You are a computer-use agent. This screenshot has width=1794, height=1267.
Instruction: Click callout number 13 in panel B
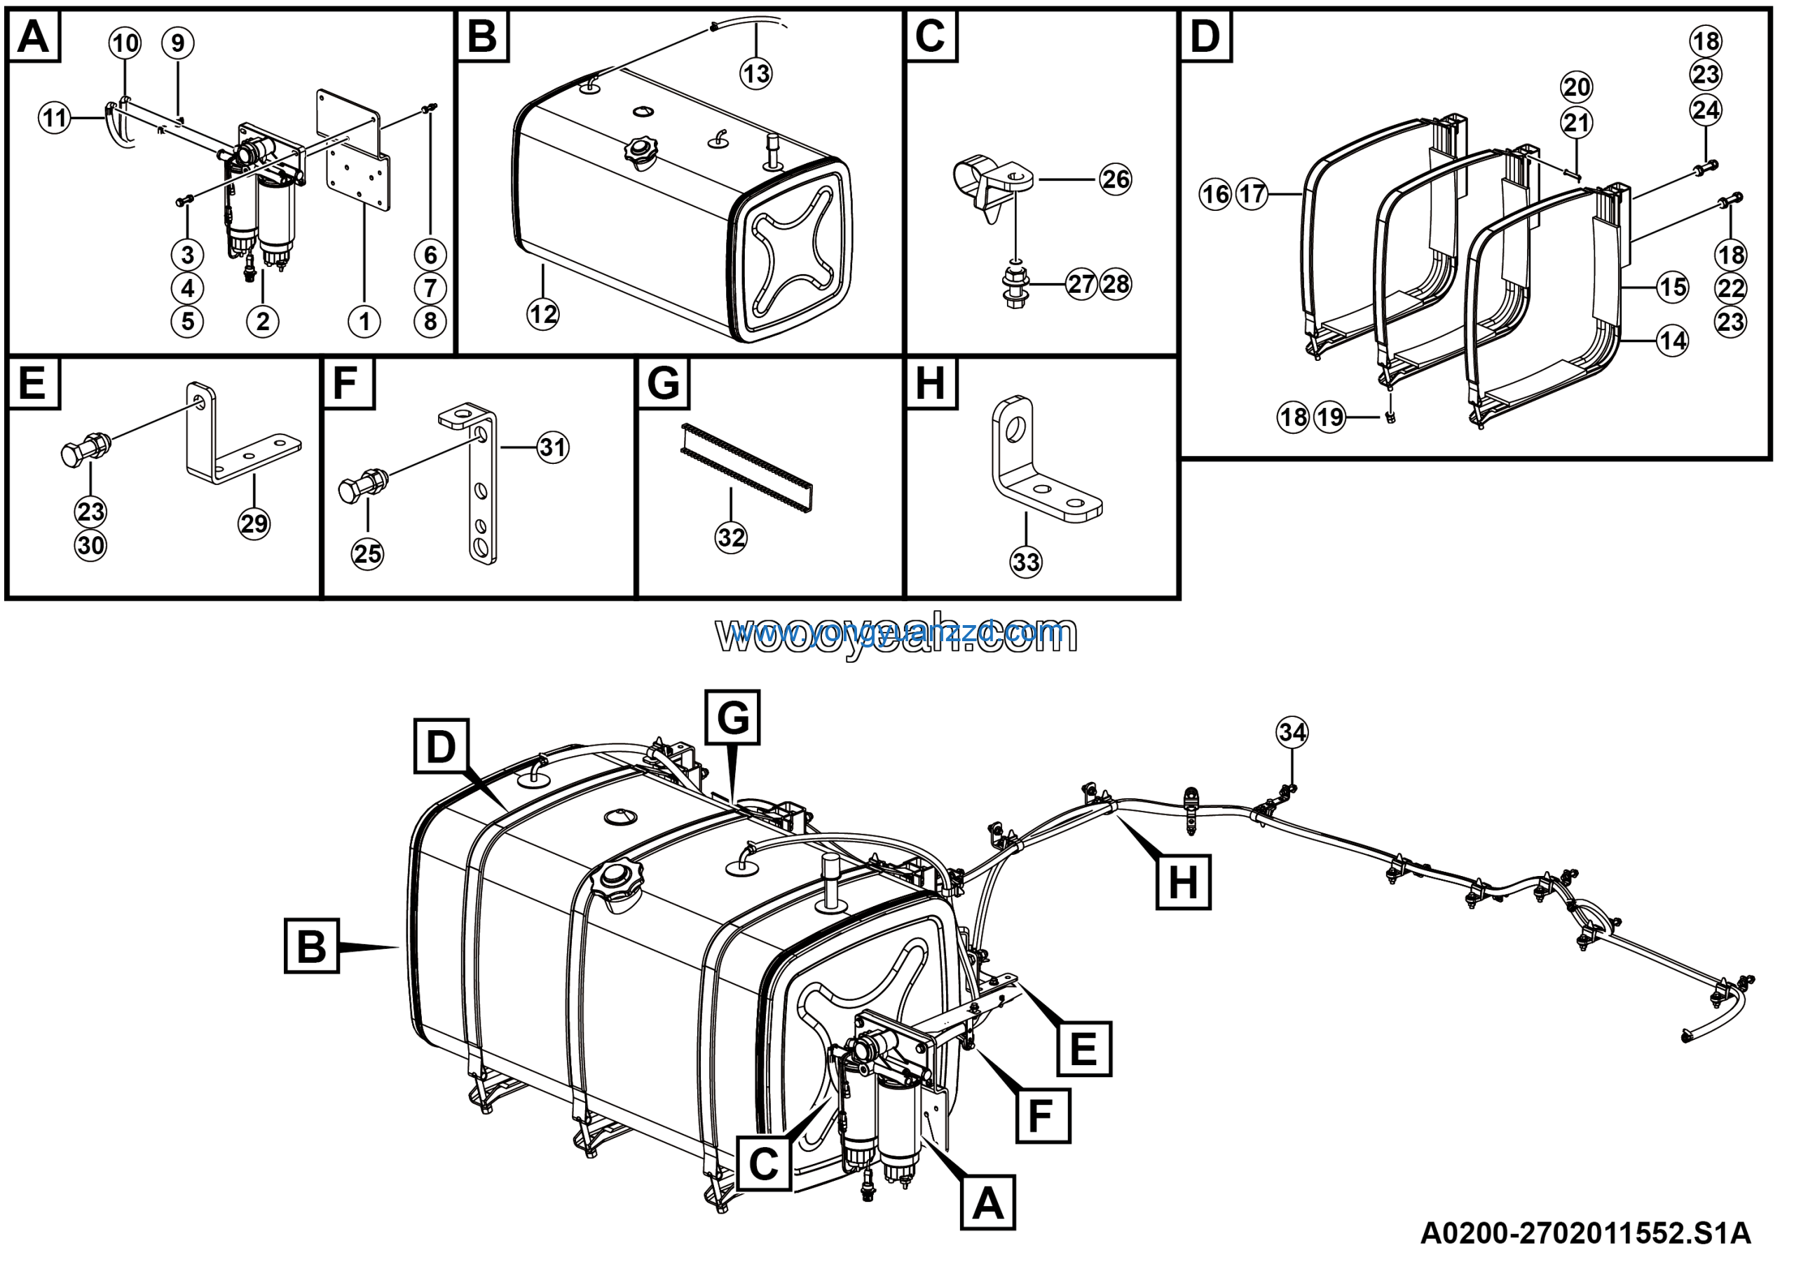click(755, 74)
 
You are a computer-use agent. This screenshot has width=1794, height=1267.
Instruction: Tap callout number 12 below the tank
click(543, 315)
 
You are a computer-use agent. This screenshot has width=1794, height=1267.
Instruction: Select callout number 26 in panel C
click(1115, 179)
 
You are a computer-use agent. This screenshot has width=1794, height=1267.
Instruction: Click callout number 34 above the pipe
click(1292, 733)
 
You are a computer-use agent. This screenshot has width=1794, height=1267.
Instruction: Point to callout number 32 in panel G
click(732, 537)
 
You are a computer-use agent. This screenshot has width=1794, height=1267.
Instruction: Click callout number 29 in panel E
click(254, 523)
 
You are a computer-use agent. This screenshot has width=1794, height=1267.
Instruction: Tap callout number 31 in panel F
click(553, 448)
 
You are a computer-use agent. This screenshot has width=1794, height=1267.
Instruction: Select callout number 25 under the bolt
click(367, 554)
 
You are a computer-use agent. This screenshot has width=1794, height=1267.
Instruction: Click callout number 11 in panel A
click(55, 118)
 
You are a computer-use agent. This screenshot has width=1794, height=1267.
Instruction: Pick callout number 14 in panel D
click(1673, 341)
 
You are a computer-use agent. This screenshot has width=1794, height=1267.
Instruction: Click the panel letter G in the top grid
click(664, 383)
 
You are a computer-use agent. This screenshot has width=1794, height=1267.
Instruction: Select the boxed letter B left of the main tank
click(311, 946)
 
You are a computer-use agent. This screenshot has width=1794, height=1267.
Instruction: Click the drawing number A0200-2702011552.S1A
click(1585, 1233)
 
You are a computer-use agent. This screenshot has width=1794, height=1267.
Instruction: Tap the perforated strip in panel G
click(746, 468)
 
